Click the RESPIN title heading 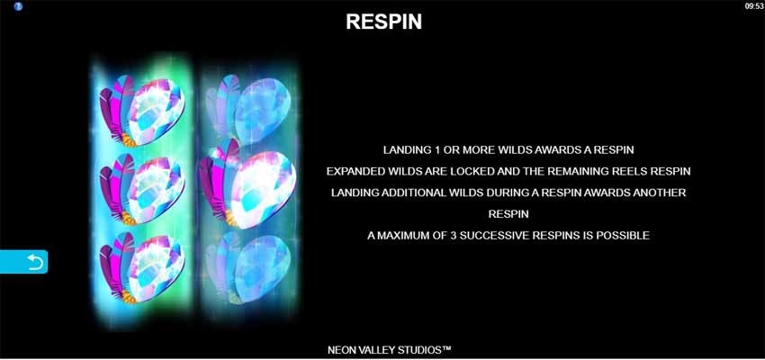(384, 22)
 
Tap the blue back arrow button (24, 262)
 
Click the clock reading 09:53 (754, 6)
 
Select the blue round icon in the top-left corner (18, 6)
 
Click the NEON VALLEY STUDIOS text (389, 350)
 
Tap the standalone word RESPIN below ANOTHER (508, 214)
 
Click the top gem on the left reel (142, 111)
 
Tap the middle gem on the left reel (142, 189)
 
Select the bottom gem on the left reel (142, 268)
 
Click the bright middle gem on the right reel (247, 184)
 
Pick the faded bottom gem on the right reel (248, 268)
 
